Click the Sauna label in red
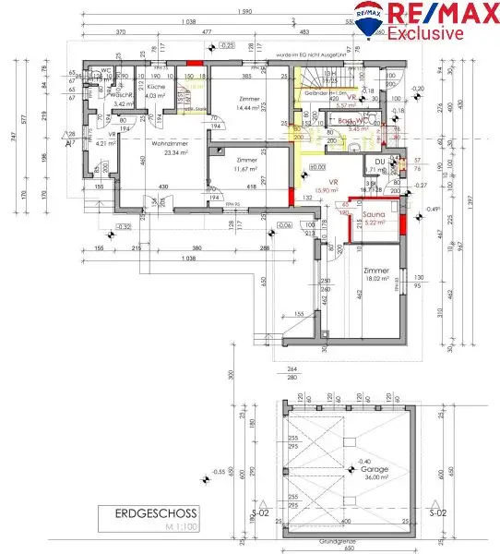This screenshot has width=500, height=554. pos(375,212)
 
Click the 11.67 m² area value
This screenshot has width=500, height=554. pos(245,169)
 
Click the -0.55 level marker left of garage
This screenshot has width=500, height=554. pos(220,472)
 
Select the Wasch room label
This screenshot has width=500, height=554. pos(120,94)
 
